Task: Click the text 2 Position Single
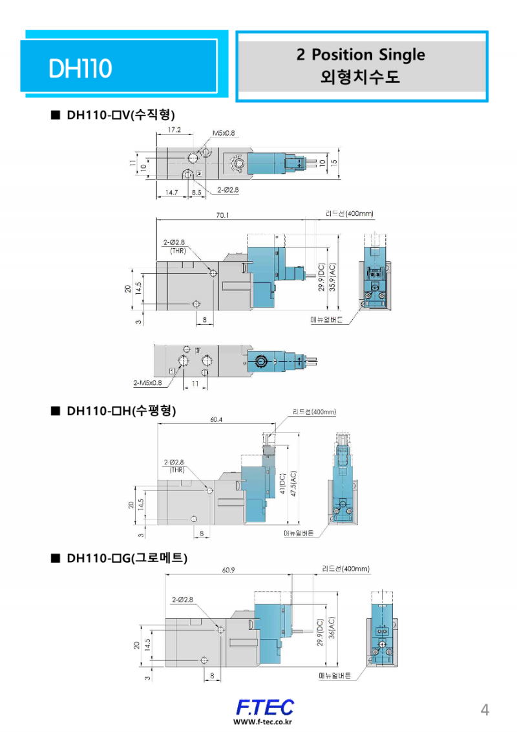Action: pos(361,54)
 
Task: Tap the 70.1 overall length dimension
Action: pos(224,215)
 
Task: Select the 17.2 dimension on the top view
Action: pos(174,130)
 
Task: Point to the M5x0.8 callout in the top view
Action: pos(224,133)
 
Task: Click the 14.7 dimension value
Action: pos(171,192)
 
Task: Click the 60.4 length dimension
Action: pos(216,419)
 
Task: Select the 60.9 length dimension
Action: pos(227,570)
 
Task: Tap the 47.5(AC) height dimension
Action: pos(294,483)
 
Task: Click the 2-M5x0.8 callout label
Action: pos(147,382)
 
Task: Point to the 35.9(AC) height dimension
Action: pos(333,277)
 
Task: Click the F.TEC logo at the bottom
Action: pos(264,706)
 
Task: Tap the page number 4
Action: pos(485,709)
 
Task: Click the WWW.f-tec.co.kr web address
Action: pos(263,722)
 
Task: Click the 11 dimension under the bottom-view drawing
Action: pos(195,384)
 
